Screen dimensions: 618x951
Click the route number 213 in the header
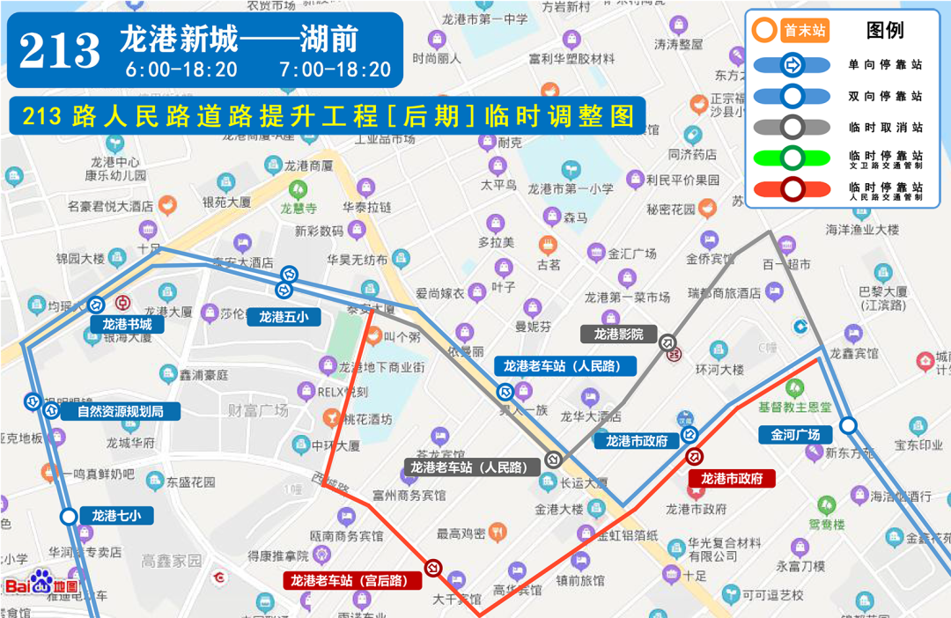(x=60, y=50)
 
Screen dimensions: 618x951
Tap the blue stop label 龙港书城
(x=127, y=324)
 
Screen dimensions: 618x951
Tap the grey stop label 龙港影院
(x=618, y=334)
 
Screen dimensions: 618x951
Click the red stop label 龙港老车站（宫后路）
(x=350, y=580)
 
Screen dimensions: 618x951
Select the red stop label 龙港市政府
(x=731, y=479)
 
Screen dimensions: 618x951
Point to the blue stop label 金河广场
(x=795, y=434)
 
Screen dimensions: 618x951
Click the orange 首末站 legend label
(x=804, y=31)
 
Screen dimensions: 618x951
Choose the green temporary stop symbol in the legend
(x=792, y=158)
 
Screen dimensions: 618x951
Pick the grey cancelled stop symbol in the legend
(x=792, y=127)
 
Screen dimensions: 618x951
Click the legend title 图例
(x=884, y=31)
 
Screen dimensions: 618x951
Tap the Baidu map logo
(x=41, y=585)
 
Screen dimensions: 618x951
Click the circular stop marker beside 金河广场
(x=848, y=426)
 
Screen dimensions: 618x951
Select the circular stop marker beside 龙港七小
(x=69, y=517)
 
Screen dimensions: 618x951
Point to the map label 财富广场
(x=258, y=410)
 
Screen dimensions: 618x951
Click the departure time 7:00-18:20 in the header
(x=335, y=69)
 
